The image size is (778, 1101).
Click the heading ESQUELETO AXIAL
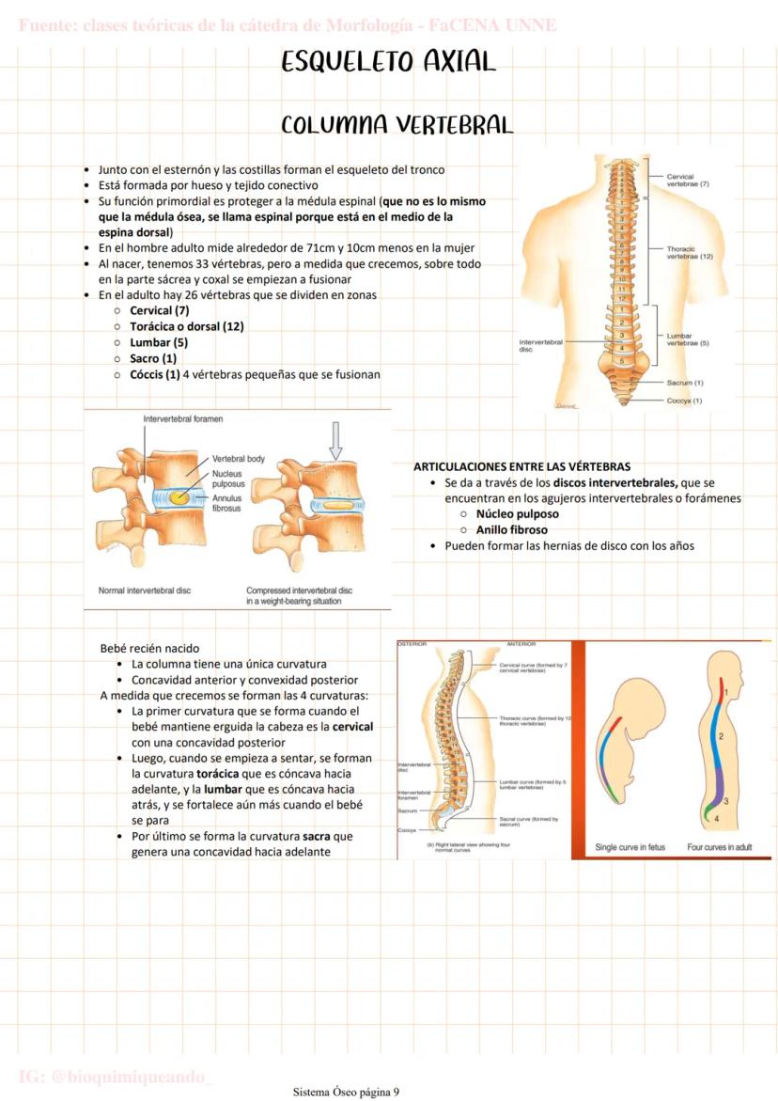coord(388,62)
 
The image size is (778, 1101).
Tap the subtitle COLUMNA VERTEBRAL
coord(397,125)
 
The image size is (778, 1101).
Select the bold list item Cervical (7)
coord(159,310)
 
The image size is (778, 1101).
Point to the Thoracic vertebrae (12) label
coord(690,252)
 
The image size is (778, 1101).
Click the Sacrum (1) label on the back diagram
coord(685,383)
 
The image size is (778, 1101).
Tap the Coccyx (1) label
coord(685,401)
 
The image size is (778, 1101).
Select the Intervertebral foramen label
coord(182,418)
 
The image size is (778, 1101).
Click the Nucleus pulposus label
coord(227,480)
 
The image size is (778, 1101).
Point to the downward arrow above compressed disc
coord(335,439)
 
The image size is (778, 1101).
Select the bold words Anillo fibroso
coord(511,530)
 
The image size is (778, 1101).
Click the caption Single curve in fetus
coord(630,847)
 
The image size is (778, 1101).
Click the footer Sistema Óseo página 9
coord(346,1092)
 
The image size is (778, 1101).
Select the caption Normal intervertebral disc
coord(145,590)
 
